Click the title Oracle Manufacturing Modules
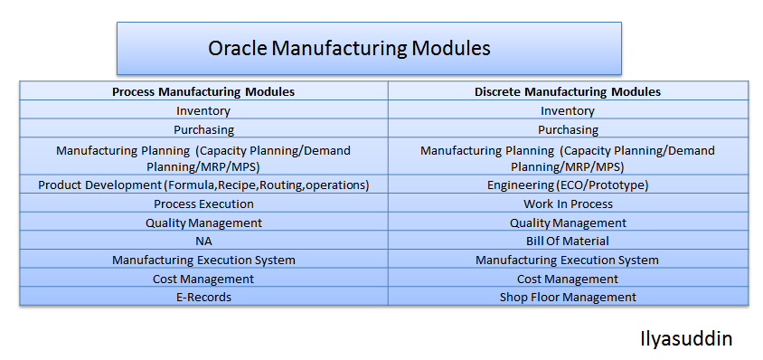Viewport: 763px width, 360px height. click(x=349, y=48)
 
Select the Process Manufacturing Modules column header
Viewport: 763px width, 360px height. click(x=203, y=91)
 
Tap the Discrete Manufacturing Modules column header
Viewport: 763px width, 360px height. click(x=568, y=91)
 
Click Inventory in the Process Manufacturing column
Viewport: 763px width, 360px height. click(x=203, y=110)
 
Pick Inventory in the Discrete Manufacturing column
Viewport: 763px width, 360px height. click(x=568, y=110)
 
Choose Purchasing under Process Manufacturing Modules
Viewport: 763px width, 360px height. click(x=203, y=129)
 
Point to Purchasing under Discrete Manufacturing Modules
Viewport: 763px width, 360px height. click(x=568, y=129)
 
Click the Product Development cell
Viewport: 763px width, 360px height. click(x=203, y=185)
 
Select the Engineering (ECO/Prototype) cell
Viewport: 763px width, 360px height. click(x=568, y=185)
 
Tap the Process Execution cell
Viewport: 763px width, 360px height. click(x=203, y=204)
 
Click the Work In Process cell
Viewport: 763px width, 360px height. click(x=568, y=204)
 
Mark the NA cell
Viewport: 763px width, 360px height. click(x=203, y=241)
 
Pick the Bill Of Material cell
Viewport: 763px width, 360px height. click(x=568, y=241)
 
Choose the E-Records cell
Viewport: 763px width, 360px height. click(x=203, y=297)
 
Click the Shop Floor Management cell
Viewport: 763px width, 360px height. click(x=568, y=297)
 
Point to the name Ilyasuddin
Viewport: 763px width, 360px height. click(x=683, y=340)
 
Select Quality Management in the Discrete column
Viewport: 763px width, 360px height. click(x=568, y=223)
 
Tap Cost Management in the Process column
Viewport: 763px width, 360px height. click(x=203, y=279)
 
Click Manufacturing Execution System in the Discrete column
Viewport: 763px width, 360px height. click(x=568, y=260)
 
